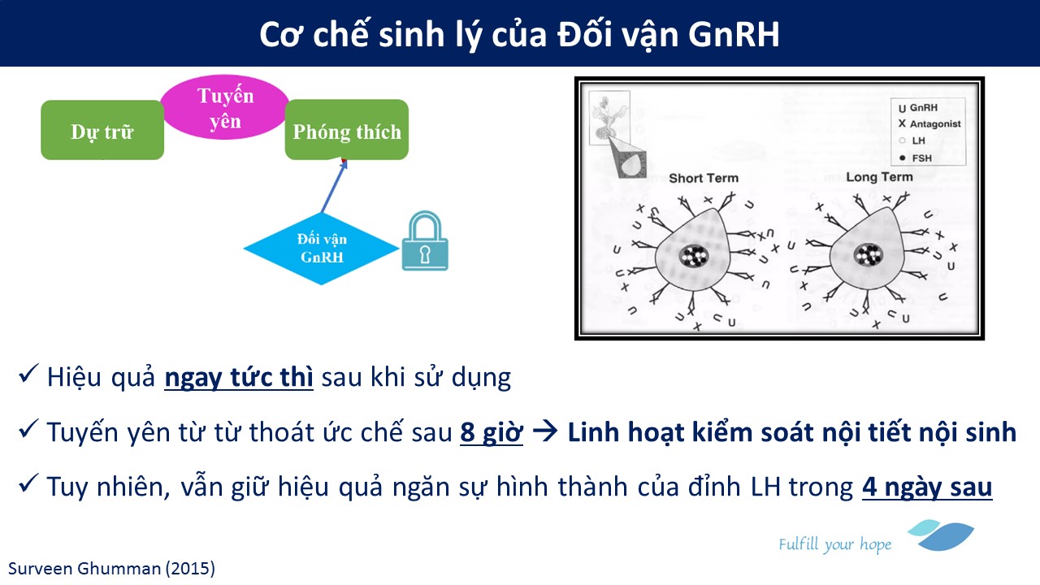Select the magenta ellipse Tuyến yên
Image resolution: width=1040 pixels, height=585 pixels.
tap(225, 106)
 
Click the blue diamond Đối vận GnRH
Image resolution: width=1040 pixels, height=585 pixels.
tap(321, 249)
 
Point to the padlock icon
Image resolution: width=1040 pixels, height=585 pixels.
tap(425, 241)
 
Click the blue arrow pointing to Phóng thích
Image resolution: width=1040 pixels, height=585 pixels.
tap(334, 186)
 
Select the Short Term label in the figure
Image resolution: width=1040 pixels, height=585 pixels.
tap(704, 178)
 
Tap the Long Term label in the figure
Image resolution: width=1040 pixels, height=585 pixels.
tap(879, 177)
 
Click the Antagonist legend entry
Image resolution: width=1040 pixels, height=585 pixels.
tap(929, 124)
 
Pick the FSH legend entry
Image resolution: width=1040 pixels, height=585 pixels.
tap(916, 158)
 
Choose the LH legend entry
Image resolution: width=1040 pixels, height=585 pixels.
tap(912, 141)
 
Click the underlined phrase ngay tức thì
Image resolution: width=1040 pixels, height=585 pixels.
tap(239, 377)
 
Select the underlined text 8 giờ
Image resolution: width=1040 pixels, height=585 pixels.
tap(492, 432)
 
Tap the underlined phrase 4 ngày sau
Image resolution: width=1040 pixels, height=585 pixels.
tap(927, 487)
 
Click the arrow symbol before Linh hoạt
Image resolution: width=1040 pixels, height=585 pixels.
tap(545, 431)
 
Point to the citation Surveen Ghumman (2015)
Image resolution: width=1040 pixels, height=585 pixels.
tap(111, 569)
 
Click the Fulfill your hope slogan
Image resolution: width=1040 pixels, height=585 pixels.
tap(834, 544)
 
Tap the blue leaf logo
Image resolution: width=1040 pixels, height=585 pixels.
tap(941, 535)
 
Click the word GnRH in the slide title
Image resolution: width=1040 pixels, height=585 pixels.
tap(734, 34)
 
